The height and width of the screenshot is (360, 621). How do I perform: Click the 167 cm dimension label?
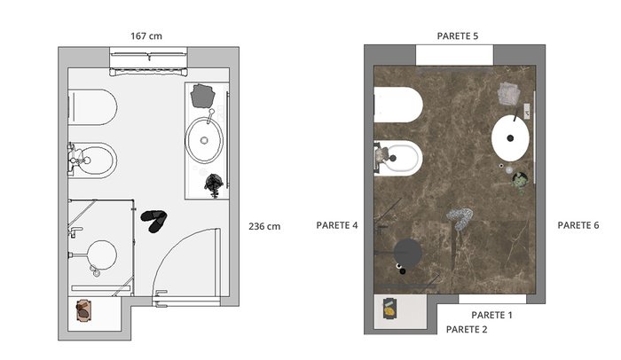pos(146,36)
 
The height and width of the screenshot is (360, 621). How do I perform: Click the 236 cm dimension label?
pos(264,226)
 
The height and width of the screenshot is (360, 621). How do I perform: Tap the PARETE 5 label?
pos(458,36)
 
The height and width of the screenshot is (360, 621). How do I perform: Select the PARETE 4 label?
pos(336,225)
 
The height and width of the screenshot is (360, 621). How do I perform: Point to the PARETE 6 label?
pos(578,225)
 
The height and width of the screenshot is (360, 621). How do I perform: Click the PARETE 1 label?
pos(491,316)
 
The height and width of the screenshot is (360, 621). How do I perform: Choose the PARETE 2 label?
pos(467,330)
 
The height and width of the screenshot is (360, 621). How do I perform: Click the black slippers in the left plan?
pos(153,221)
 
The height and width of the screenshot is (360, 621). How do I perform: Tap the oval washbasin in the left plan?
pos(204,140)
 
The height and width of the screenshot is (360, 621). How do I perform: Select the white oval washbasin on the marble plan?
pos(510,137)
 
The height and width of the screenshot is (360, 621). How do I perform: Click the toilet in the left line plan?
pos(92,107)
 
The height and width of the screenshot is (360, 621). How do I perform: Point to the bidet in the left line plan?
pos(93,160)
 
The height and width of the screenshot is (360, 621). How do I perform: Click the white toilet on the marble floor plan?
pos(398,105)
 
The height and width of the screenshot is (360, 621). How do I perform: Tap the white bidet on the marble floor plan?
pos(399,159)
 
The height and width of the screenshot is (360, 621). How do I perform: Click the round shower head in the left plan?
pos(102,255)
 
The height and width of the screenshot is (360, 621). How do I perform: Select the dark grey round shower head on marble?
pos(407,253)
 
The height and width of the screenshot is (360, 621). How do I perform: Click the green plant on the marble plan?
pos(520,182)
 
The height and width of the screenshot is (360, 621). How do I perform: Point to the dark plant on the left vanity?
pos(214,184)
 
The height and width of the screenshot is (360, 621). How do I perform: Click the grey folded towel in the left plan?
pos(202,96)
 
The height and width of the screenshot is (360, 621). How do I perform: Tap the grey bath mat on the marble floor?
pos(460,218)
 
